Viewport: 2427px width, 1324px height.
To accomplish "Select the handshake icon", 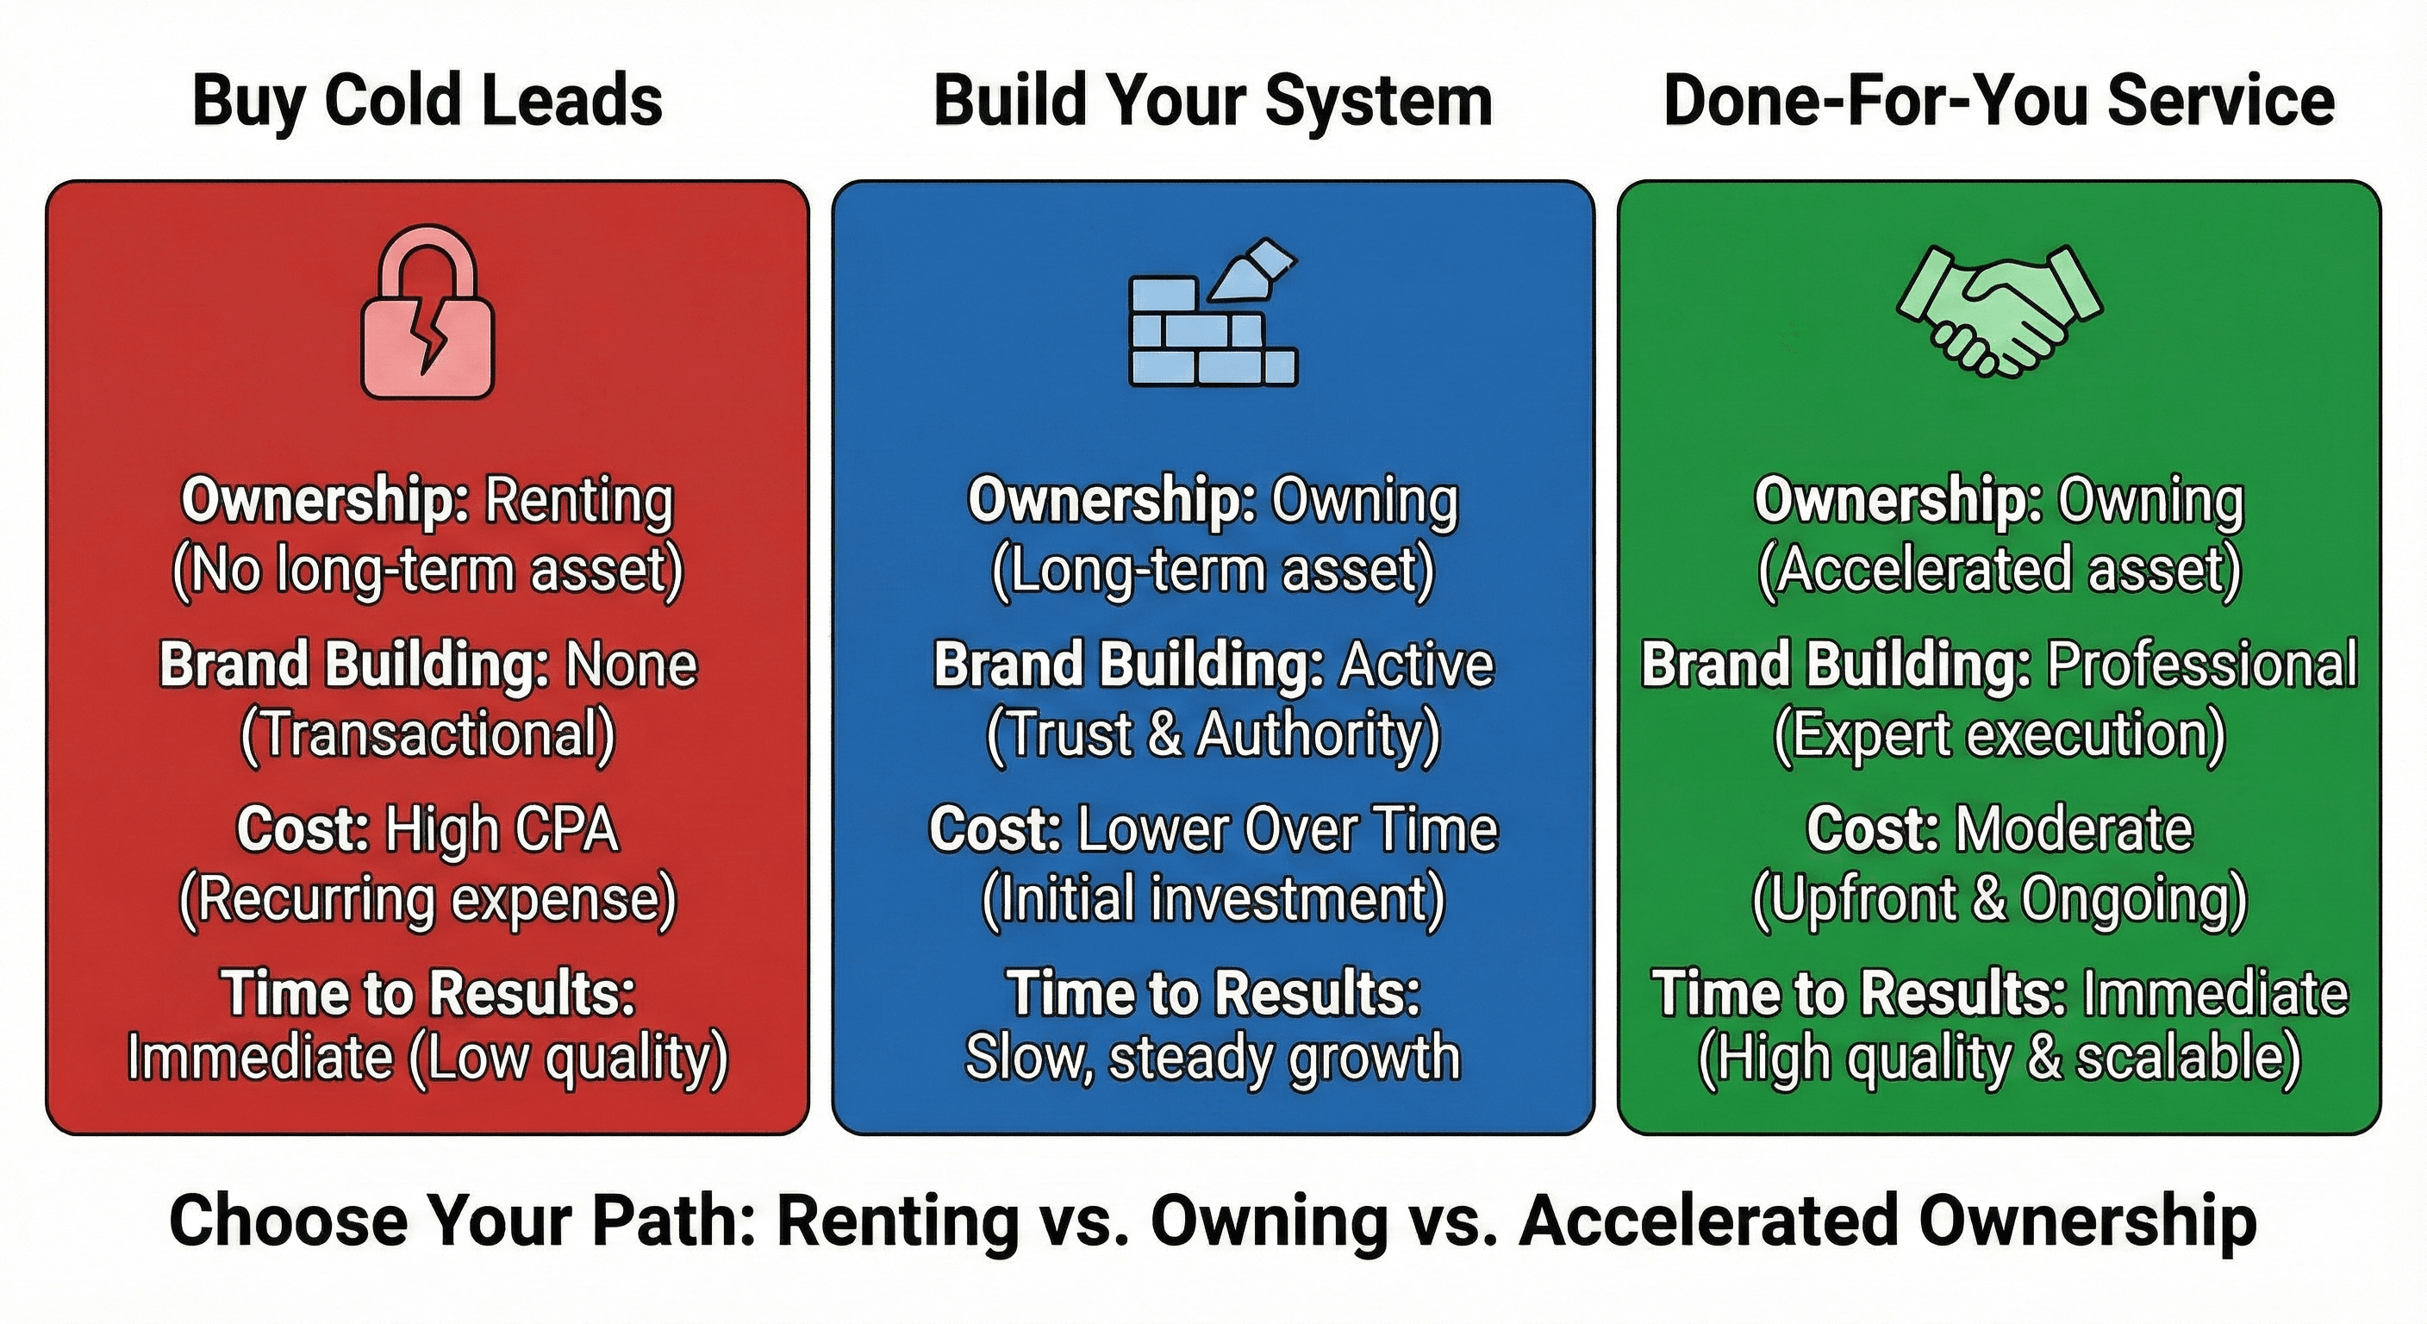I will click(x=1999, y=311).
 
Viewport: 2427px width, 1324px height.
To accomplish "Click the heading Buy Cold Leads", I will click(x=427, y=102).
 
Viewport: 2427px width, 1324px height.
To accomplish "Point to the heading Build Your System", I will click(x=1213, y=102).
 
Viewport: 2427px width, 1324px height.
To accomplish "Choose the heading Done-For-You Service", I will click(x=1999, y=102).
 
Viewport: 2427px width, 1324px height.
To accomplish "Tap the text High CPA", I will click(x=502, y=830).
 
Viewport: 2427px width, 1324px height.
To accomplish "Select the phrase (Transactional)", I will click(x=427, y=734).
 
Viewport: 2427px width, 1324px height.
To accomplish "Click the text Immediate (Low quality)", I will click(x=427, y=1059).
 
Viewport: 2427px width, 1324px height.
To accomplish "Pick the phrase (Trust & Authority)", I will click(x=1213, y=734).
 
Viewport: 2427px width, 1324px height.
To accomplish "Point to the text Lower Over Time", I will click(x=1287, y=830).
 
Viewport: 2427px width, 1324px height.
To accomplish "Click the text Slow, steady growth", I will click(x=1213, y=1059).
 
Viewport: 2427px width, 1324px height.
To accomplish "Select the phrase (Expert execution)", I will click(x=2000, y=734).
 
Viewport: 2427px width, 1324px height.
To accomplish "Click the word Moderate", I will click(x=2074, y=830).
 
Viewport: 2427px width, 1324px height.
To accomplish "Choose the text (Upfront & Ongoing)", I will click(x=2000, y=899).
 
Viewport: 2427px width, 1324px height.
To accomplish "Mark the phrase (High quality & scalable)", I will click(x=2000, y=1059).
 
